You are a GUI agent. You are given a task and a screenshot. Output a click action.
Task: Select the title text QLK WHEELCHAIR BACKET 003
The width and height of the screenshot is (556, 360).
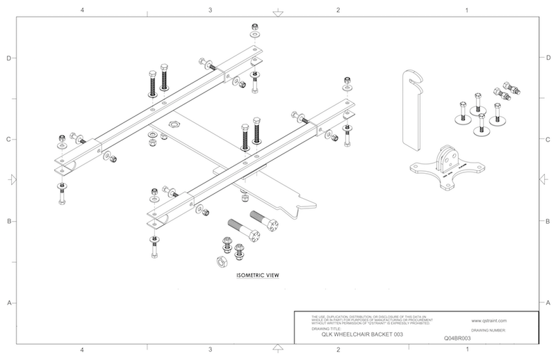(x=359, y=335)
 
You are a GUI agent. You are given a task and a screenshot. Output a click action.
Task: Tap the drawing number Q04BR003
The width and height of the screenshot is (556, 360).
(x=457, y=338)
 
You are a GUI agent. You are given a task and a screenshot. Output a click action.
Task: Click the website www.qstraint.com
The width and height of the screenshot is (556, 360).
(x=498, y=321)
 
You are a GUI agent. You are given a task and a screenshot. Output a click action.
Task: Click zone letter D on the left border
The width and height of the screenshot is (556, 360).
(x=8, y=58)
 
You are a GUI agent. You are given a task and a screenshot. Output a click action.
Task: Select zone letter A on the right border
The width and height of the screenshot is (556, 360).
(x=548, y=303)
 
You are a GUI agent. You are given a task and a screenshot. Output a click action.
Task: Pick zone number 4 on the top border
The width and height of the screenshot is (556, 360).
(x=83, y=10)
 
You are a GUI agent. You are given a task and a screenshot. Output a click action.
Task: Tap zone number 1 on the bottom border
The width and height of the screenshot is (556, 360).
(x=466, y=349)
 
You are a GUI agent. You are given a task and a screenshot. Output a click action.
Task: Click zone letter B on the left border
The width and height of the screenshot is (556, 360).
(x=8, y=222)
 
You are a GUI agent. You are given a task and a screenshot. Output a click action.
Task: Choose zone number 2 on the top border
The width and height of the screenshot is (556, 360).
(x=338, y=10)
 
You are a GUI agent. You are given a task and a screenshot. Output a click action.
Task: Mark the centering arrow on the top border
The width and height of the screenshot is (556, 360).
(x=277, y=12)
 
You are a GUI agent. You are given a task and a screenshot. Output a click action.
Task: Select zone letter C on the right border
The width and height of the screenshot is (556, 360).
(x=548, y=140)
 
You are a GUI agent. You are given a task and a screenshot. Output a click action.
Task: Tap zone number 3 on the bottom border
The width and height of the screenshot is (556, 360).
(x=210, y=349)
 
